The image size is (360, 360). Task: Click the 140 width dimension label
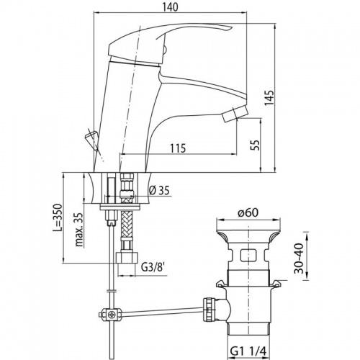tap(171, 7)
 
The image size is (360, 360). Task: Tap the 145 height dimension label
tap(269, 98)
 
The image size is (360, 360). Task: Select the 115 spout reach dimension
tap(178, 148)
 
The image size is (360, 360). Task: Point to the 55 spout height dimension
tap(256, 145)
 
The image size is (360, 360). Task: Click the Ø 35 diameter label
tap(159, 191)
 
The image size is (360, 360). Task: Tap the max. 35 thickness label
tap(80, 230)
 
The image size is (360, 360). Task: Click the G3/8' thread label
tap(153, 267)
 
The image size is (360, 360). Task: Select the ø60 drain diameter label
tap(248, 212)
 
